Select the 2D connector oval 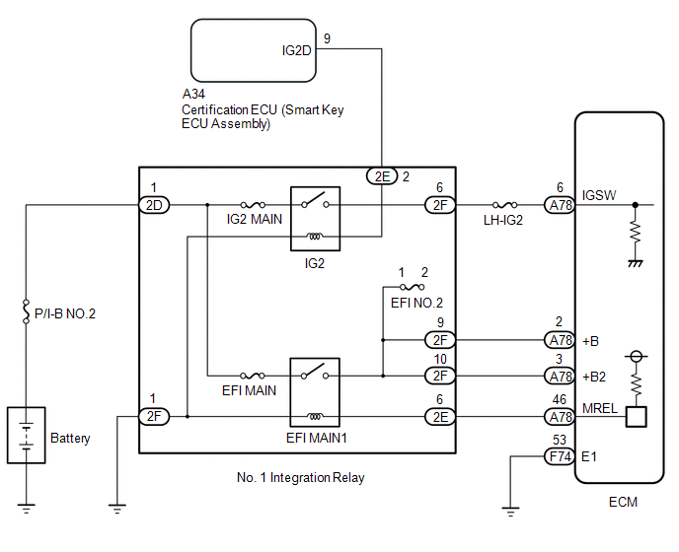154,205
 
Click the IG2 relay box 314,216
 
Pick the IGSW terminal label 599,195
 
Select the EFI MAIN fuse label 252,390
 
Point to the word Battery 70,438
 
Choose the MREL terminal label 599,407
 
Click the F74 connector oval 559,456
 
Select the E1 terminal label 590,456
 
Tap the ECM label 623,502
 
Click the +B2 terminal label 594,376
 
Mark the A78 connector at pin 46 559,417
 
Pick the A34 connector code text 194,95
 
